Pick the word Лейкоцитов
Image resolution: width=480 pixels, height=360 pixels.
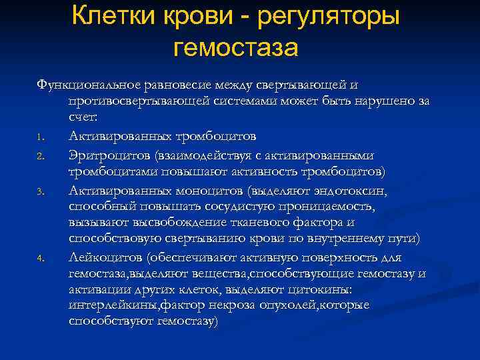pos(107,257)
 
